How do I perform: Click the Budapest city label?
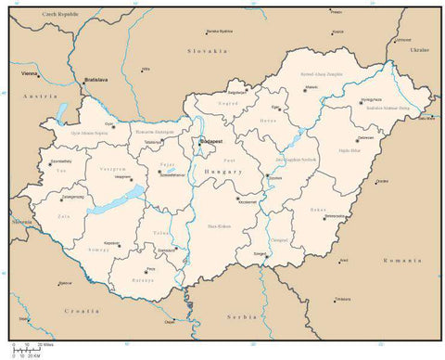[210, 140]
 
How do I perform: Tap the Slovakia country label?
[208, 50]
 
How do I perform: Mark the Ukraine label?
[420, 48]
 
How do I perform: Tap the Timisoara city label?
[343, 299]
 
